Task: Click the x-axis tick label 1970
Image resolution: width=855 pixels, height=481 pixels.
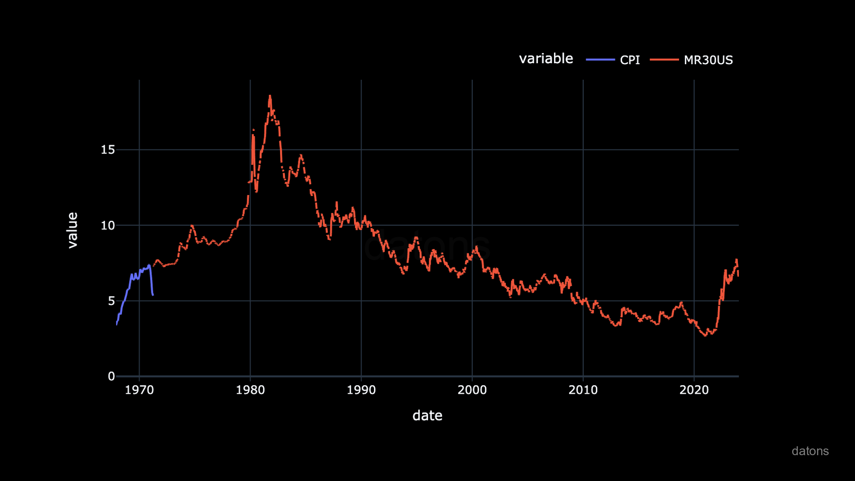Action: click(x=139, y=390)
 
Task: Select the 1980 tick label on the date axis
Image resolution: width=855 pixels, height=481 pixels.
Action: click(x=250, y=390)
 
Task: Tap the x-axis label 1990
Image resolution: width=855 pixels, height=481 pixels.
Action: click(x=361, y=390)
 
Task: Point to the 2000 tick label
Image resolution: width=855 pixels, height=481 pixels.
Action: click(x=472, y=390)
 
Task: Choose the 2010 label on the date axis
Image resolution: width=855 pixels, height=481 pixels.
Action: click(x=583, y=390)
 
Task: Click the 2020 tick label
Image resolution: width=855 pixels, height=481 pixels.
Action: click(x=694, y=390)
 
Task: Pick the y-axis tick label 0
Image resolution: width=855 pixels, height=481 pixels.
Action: click(x=111, y=376)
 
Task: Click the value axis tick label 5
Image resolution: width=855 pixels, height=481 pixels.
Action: click(x=111, y=301)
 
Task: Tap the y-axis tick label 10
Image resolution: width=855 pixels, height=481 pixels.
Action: click(x=108, y=225)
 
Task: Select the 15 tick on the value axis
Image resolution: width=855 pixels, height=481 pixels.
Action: click(x=108, y=150)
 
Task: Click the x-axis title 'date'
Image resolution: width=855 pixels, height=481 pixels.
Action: click(x=427, y=416)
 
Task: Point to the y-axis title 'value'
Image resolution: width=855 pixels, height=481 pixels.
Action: click(x=72, y=230)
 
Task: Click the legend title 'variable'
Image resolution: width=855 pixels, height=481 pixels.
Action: click(x=546, y=59)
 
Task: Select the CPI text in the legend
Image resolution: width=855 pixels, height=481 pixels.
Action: click(x=630, y=60)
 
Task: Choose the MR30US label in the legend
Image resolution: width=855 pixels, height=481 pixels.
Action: click(x=708, y=60)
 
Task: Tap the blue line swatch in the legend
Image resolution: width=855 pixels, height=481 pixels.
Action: click(x=600, y=60)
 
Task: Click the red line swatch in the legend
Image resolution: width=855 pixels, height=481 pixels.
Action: click(x=664, y=60)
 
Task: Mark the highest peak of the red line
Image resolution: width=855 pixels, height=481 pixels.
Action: click(x=270, y=96)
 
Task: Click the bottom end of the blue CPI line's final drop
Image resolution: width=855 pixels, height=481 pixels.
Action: click(x=153, y=295)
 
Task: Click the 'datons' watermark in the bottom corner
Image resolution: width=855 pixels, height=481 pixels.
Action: click(x=810, y=451)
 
